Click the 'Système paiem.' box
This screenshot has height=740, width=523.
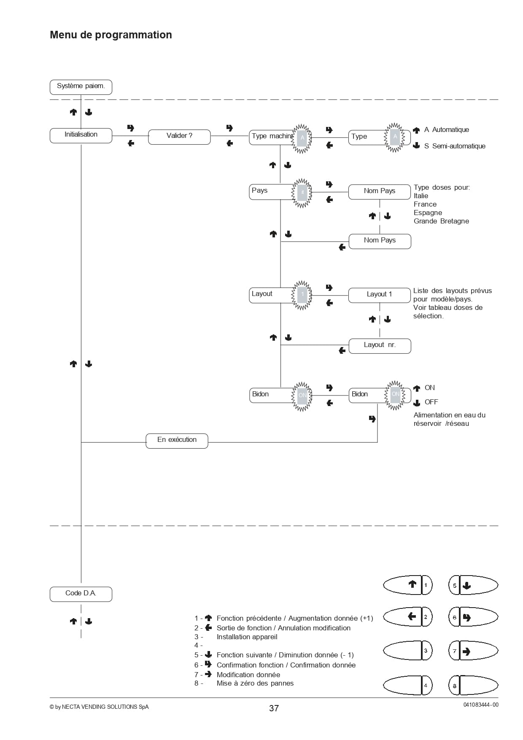point(81,87)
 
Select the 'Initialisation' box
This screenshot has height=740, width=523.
point(81,135)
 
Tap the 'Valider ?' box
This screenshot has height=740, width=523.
point(179,137)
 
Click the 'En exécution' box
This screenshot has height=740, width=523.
point(177,441)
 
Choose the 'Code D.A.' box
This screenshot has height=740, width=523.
point(81,594)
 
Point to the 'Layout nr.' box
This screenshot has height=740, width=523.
point(380,346)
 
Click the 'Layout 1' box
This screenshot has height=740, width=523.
point(380,295)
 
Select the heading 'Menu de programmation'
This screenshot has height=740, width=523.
point(111,35)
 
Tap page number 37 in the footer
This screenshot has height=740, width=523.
point(274,708)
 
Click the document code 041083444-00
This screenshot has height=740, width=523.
point(481,705)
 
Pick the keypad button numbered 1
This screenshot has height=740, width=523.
point(408,585)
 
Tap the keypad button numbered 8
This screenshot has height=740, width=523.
point(473,686)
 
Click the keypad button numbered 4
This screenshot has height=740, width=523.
point(408,685)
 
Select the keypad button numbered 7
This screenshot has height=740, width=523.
point(473,651)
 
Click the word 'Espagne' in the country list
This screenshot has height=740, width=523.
point(428,213)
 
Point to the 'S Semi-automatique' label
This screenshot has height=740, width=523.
point(455,146)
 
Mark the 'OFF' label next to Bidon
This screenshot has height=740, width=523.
point(431,402)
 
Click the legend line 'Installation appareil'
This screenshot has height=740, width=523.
point(247,637)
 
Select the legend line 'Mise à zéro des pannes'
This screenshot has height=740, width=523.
point(255,683)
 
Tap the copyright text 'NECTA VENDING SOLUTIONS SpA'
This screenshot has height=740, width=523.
point(105,707)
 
